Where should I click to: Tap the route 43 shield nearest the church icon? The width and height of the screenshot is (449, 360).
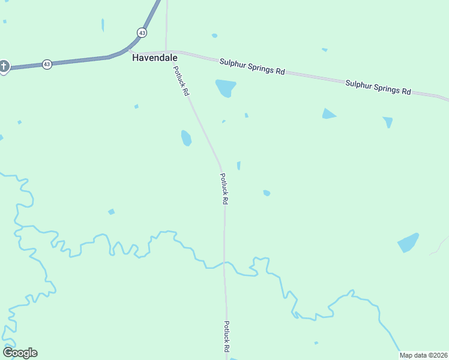click(47, 64)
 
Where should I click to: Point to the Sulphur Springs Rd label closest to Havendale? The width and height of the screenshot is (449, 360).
click(252, 66)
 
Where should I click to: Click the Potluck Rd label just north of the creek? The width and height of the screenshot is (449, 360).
click(223, 189)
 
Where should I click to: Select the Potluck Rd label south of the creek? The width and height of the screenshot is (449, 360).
click(227, 336)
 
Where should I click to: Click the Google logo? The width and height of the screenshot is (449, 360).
click(20, 353)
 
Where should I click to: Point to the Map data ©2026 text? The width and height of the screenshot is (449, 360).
click(423, 355)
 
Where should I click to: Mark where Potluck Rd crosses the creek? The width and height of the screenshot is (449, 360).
click(224, 263)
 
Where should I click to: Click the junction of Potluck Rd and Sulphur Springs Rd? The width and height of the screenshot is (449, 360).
click(166, 52)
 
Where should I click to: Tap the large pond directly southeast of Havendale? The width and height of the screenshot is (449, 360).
click(226, 88)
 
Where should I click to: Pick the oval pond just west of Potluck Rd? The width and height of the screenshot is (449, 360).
click(186, 138)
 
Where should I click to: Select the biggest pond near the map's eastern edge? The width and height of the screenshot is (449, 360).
click(408, 242)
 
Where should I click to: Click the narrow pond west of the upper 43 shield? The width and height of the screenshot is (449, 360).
click(103, 25)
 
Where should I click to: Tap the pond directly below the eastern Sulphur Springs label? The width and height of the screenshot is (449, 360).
click(388, 122)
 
